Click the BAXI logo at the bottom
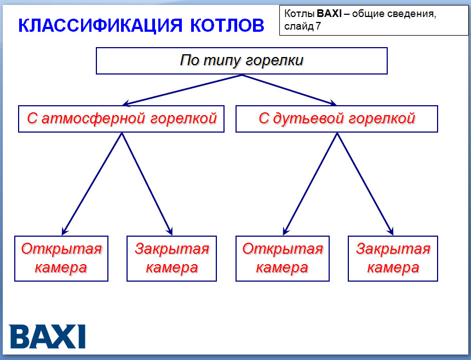click(48, 336)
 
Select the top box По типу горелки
click(242, 60)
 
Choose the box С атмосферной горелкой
click(121, 118)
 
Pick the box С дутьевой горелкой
click(336, 118)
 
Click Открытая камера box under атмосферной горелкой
click(61, 258)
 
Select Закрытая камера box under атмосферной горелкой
click(171, 258)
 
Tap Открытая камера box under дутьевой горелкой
click(283, 258)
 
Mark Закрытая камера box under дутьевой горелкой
click(393, 258)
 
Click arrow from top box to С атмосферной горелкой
click(181, 89)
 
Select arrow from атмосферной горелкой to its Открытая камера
click(91, 184)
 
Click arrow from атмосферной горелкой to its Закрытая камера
click(147, 184)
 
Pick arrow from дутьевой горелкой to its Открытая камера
click(310, 184)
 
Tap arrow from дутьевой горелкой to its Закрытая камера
click(365, 184)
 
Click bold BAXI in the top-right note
click(329, 13)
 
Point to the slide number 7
click(318, 26)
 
